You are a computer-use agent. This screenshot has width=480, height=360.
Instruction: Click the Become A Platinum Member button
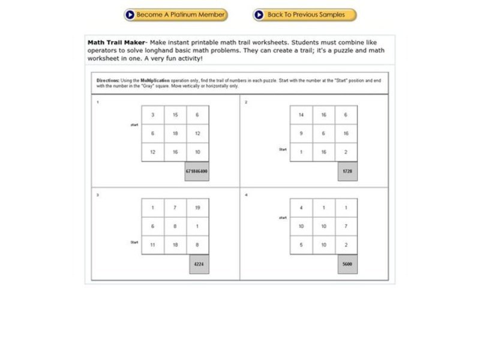(176, 14)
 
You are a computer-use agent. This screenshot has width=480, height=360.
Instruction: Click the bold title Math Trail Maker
(116, 43)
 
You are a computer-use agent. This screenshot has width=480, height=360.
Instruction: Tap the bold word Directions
(109, 80)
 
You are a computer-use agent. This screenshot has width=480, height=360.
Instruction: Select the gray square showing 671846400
(197, 171)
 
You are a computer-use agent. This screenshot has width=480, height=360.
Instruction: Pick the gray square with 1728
(347, 171)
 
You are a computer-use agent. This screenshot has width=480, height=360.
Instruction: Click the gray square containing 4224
(199, 263)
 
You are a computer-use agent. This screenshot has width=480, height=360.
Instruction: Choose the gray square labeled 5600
(347, 263)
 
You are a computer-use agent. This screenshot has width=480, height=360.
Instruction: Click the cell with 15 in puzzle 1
(175, 115)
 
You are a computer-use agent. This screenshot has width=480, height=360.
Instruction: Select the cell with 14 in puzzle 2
(301, 115)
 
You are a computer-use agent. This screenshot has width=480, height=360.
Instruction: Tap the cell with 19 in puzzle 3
(197, 208)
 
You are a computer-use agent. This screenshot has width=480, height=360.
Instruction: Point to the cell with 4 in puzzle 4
(301, 208)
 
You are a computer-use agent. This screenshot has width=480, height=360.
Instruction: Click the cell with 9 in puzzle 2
(301, 134)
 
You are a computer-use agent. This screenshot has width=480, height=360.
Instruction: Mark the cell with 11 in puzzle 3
(153, 245)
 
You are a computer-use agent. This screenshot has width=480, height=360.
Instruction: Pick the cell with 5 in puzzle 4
(301, 245)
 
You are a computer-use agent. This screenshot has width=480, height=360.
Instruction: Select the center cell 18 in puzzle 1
(175, 134)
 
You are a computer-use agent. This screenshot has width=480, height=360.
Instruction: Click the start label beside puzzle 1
(134, 125)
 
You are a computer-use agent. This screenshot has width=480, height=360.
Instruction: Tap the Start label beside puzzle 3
(134, 242)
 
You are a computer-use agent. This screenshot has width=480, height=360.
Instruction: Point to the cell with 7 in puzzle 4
(346, 226)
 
